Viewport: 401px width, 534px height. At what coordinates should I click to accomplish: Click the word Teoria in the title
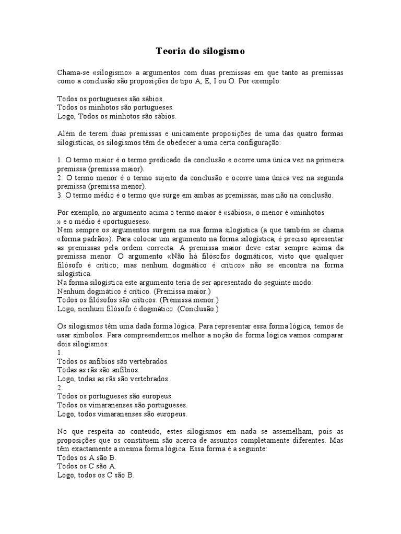tap(169, 52)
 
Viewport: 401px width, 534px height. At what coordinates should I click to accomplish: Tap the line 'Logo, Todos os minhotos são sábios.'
tap(116, 116)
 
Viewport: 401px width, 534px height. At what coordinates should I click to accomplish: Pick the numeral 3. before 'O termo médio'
tap(60, 196)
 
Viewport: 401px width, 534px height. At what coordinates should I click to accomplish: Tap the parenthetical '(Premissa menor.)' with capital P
tap(190, 300)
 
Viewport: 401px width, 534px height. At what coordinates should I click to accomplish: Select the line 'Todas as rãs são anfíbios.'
tap(98, 370)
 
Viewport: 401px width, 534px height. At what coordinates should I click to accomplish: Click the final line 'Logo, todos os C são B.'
tap(96, 476)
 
